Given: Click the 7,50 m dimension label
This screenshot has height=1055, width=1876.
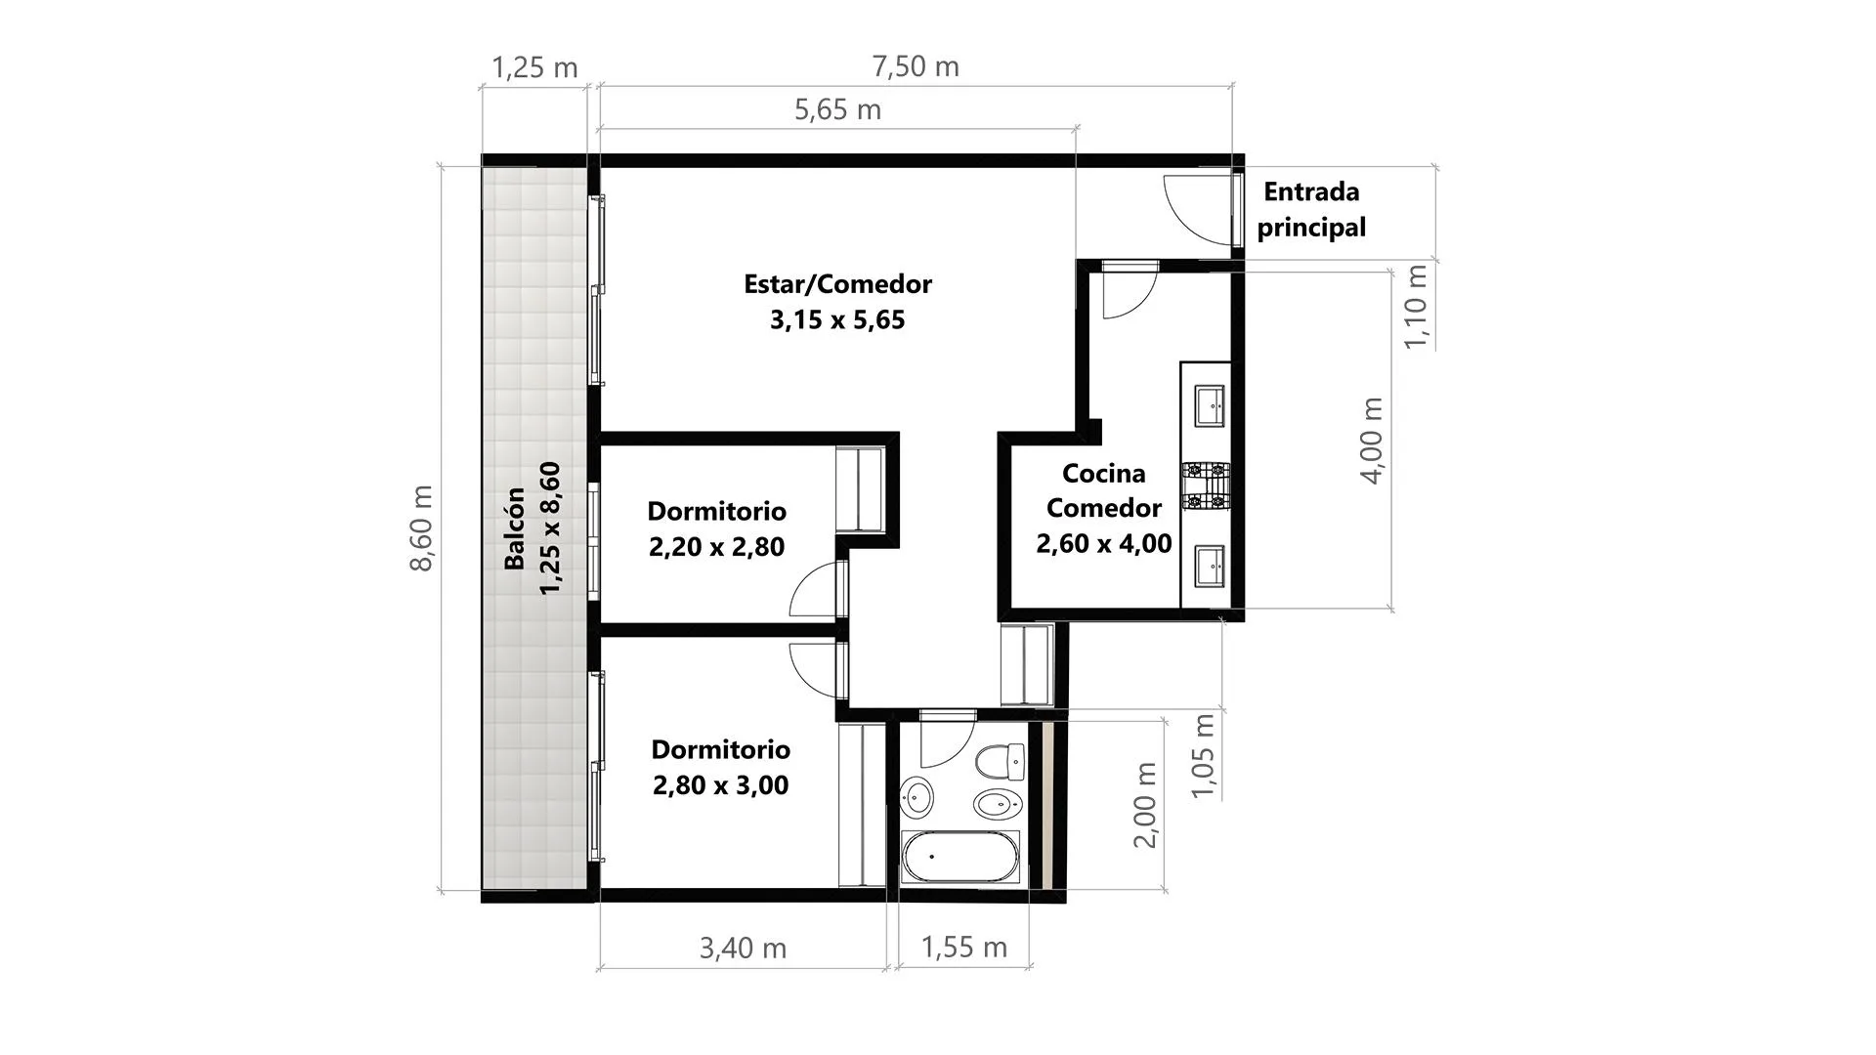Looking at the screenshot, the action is [916, 66].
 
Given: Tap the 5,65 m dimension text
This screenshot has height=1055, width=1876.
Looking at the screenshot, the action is [837, 109].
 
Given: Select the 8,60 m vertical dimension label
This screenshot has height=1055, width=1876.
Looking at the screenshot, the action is [421, 528].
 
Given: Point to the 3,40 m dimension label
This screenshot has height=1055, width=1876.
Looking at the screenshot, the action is [743, 948].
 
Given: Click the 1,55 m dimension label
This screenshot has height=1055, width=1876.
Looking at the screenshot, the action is [963, 947].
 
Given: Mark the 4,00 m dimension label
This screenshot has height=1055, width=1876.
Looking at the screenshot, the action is [1371, 441].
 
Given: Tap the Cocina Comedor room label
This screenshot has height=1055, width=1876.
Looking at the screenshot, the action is [1103, 508].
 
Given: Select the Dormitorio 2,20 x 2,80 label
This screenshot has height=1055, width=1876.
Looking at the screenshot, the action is [716, 528].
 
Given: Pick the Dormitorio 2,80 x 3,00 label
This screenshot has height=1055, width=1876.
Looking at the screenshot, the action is [720, 767].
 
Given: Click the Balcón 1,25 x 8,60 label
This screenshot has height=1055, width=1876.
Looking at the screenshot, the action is [533, 528].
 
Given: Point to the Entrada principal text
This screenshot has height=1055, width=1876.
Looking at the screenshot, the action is [1311, 209].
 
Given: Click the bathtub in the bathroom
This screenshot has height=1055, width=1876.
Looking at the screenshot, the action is [960, 856].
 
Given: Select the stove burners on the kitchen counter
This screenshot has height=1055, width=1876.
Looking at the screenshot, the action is [1205, 486].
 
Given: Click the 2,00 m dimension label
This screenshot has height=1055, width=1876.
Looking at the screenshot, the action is [1144, 805].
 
